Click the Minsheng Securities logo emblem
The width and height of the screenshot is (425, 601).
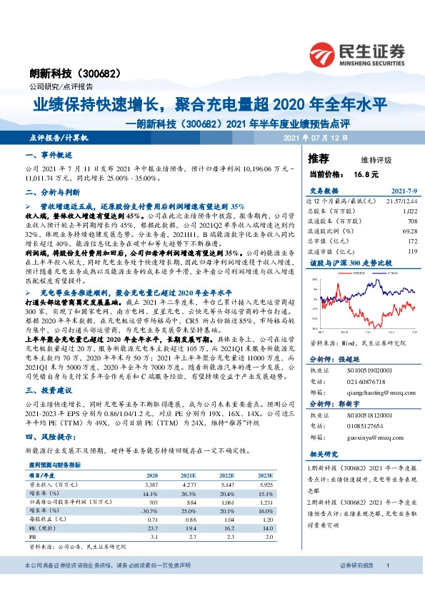(x=325, y=52)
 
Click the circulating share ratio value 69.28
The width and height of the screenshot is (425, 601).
(x=409, y=232)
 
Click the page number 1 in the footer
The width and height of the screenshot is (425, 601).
(x=387, y=585)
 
